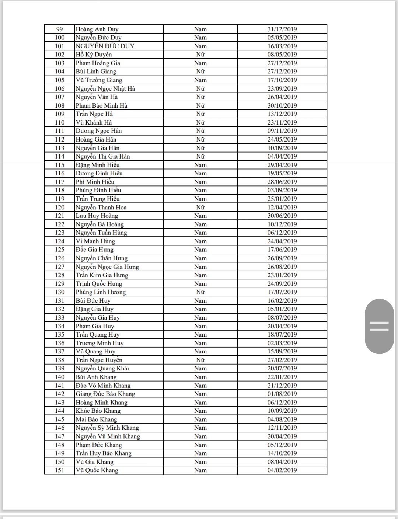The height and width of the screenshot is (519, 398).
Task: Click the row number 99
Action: (59, 29)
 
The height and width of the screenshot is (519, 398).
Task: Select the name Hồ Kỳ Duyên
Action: (94, 55)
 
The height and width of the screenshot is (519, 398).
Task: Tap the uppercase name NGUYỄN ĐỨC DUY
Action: (105, 46)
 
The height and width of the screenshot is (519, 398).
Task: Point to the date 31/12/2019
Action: (282, 29)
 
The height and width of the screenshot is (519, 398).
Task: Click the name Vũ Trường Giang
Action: (99, 80)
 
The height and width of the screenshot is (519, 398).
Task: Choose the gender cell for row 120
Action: (200, 207)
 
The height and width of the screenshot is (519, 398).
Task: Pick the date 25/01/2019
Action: (282, 199)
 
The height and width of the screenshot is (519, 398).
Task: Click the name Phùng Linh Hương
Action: (101, 292)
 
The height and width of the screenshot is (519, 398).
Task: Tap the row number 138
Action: (59, 360)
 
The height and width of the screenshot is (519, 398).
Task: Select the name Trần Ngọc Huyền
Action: (99, 360)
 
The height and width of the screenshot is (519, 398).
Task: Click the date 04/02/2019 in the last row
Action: (282, 470)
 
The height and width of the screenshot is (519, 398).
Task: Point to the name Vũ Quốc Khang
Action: (97, 470)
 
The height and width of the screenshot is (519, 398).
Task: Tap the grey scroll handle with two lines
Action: (379, 326)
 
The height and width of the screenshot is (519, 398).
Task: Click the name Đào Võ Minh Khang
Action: (103, 386)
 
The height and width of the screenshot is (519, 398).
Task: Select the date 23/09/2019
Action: (282, 88)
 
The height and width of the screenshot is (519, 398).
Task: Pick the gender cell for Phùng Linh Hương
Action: (200, 292)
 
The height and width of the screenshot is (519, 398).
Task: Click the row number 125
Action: (59, 250)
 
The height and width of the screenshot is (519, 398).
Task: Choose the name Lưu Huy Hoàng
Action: (97, 216)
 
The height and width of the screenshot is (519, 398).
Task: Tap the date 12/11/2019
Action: (282, 428)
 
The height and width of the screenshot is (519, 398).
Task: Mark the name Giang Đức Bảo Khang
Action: (105, 394)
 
